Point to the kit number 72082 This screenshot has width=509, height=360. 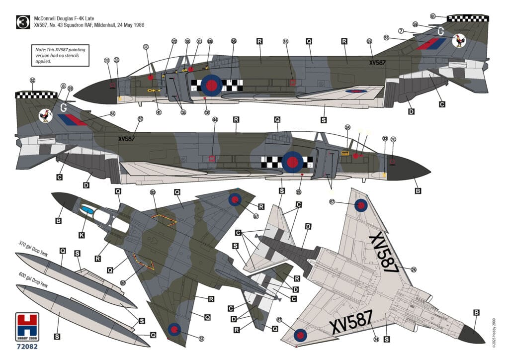(x=27, y=346)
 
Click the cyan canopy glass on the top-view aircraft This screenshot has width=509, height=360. (x=87, y=210)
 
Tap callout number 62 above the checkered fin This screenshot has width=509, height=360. (x=33, y=80)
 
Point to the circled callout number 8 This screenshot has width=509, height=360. (x=64, y=86)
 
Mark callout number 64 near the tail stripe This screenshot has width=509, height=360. (x=113, y=113)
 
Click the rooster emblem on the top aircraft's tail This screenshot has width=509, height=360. (x=459, y=41)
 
